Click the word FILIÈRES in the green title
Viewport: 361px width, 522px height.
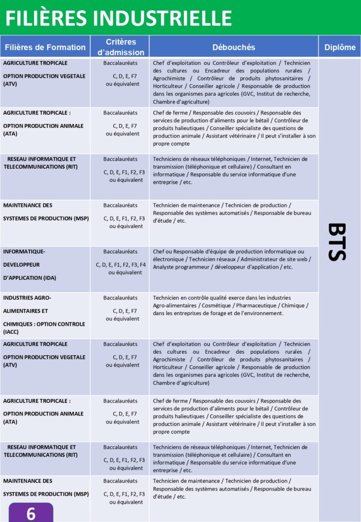(48, 18)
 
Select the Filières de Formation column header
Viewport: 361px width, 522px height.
(45, 47)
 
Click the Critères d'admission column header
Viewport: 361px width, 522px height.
(121, 47)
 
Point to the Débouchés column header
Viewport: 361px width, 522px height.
(234, 47)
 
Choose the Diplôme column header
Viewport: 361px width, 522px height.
(340, 47)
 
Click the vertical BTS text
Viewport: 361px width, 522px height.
(337, 242)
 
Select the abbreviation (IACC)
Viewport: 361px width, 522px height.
(11, 332)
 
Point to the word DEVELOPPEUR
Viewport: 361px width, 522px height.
(21, 265)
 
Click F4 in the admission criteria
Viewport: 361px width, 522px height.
(143, 265)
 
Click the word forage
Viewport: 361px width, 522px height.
(219, 313)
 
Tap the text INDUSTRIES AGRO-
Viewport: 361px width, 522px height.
(27, 298)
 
